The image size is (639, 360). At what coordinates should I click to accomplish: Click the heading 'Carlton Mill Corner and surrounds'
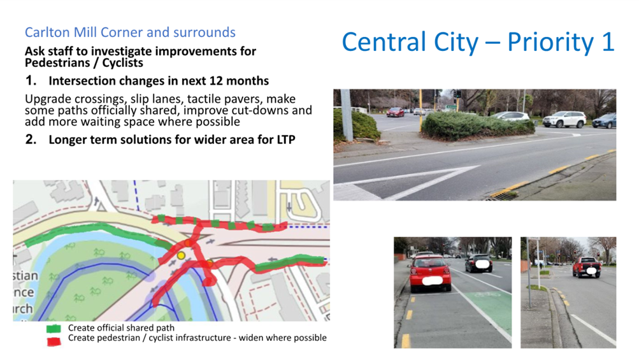(130, 32)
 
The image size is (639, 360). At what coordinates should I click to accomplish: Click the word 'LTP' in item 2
(286, 140)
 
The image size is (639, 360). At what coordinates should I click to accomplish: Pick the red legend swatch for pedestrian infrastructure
(54, 341)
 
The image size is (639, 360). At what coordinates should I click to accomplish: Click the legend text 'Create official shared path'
(121, 328)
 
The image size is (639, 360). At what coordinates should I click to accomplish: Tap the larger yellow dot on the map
(181, 256)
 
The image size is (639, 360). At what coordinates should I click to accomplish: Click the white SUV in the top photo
(564, 119)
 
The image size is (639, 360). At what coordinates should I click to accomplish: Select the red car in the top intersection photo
(395, 112)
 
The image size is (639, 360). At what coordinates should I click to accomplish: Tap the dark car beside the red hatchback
(479, 264)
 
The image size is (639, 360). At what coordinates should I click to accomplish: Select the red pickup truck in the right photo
(586, 267)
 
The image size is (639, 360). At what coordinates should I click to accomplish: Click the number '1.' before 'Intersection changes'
(31, 81)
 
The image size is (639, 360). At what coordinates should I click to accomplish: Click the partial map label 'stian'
(25, 276)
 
